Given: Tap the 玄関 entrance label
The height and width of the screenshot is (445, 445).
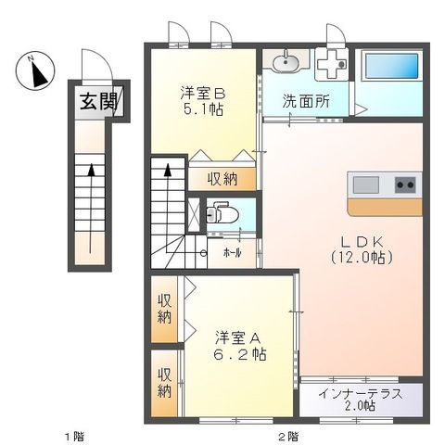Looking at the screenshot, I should coord(90,101).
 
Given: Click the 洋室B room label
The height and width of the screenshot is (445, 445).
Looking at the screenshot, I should coord(202,93).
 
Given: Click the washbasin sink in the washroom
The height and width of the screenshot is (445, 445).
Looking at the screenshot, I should coord(286,64).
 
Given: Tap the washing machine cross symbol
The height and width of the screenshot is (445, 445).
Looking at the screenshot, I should coord(329,63).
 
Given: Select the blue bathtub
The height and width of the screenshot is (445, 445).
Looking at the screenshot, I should coord(387,65).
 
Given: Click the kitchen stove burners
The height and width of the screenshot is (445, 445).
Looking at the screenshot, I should coord(405,184).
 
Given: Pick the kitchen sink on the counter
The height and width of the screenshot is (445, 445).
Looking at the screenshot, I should coord(363,183).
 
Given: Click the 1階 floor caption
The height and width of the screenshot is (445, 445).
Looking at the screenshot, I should coord(73,436).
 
